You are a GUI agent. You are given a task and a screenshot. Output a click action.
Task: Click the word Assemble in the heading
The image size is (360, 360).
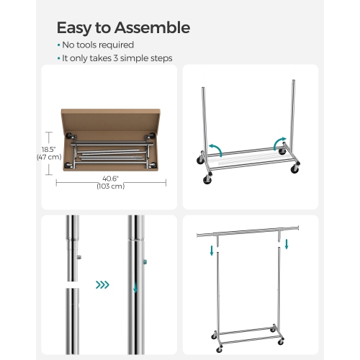150,28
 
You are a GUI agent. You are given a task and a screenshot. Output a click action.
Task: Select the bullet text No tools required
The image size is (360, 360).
97,45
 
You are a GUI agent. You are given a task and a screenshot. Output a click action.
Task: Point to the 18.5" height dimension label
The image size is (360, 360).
50,148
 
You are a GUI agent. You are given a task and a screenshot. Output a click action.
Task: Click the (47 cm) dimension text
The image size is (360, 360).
50,156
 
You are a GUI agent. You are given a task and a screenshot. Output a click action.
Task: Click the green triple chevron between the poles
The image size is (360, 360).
102,285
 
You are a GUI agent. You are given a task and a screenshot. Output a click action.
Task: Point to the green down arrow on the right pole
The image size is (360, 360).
134,291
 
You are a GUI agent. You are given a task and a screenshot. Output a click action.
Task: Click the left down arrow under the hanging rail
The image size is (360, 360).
212,251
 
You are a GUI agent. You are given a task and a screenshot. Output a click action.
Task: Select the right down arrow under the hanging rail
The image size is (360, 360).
287,245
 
